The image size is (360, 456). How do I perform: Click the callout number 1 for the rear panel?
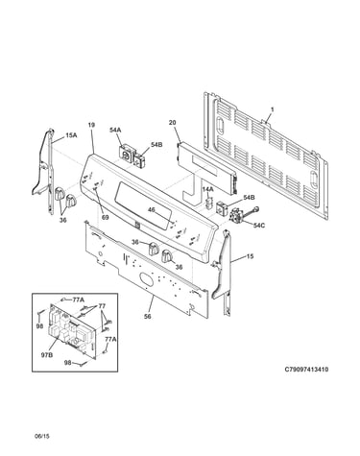pyautogui.click(x=273, y=109)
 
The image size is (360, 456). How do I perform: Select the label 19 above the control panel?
pyautogui.click(x=91, y=125)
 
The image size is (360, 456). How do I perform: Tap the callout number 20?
pyautogui.click(x=173, y=123)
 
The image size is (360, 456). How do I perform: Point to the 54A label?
pyautogui.click(x=115, y=130)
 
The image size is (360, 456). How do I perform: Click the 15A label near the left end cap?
pyautogui.click(x=71, y=135)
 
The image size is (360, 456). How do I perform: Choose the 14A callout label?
pyautogui.click(x=207, y=189)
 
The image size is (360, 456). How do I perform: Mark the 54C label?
pyautogui.click(x=259, y=226)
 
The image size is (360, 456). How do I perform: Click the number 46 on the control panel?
pyautogui.click(x=152, y=209)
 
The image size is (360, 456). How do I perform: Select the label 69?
pyautogui.click(x=105, y=218)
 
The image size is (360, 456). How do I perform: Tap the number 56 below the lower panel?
pyautogui.click(x=147, y=317)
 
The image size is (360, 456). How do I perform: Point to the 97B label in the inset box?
pyautogui.click(x=47, y=354)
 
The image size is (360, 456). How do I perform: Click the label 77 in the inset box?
pyautogui.click(x=102, y=306)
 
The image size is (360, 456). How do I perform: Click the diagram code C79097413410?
pyautogui.click(x=306, y=370)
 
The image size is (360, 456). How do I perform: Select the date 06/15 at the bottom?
pyautogui.click(x=42, y=436)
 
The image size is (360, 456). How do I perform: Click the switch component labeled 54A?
pyautogui.click(x=126, y=155)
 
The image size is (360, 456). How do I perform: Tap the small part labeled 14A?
pyautogui.click(x=208, y=203)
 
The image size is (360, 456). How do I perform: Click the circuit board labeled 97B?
pyautogui.click(x=72, y=332)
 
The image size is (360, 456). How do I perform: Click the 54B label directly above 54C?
pyautogui.click(x=249, y=198)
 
